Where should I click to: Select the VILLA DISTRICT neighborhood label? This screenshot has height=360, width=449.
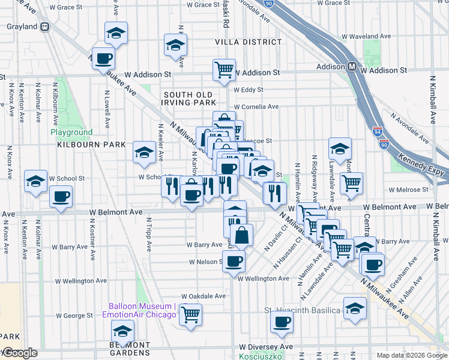tap(249, 42)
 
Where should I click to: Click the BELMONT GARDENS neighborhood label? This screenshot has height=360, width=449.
tap(130, 349)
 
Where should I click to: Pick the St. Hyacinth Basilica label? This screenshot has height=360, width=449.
tap(303, 310)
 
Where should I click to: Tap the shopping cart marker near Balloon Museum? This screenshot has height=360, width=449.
tap(190, 314)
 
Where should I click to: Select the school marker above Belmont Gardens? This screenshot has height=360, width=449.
tap(123, 331)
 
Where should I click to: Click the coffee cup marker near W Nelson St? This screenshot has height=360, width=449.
tap(234, 261)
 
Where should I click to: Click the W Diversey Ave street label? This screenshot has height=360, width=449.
tap(266, 347)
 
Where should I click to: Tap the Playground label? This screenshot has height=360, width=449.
tap(71, 133)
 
